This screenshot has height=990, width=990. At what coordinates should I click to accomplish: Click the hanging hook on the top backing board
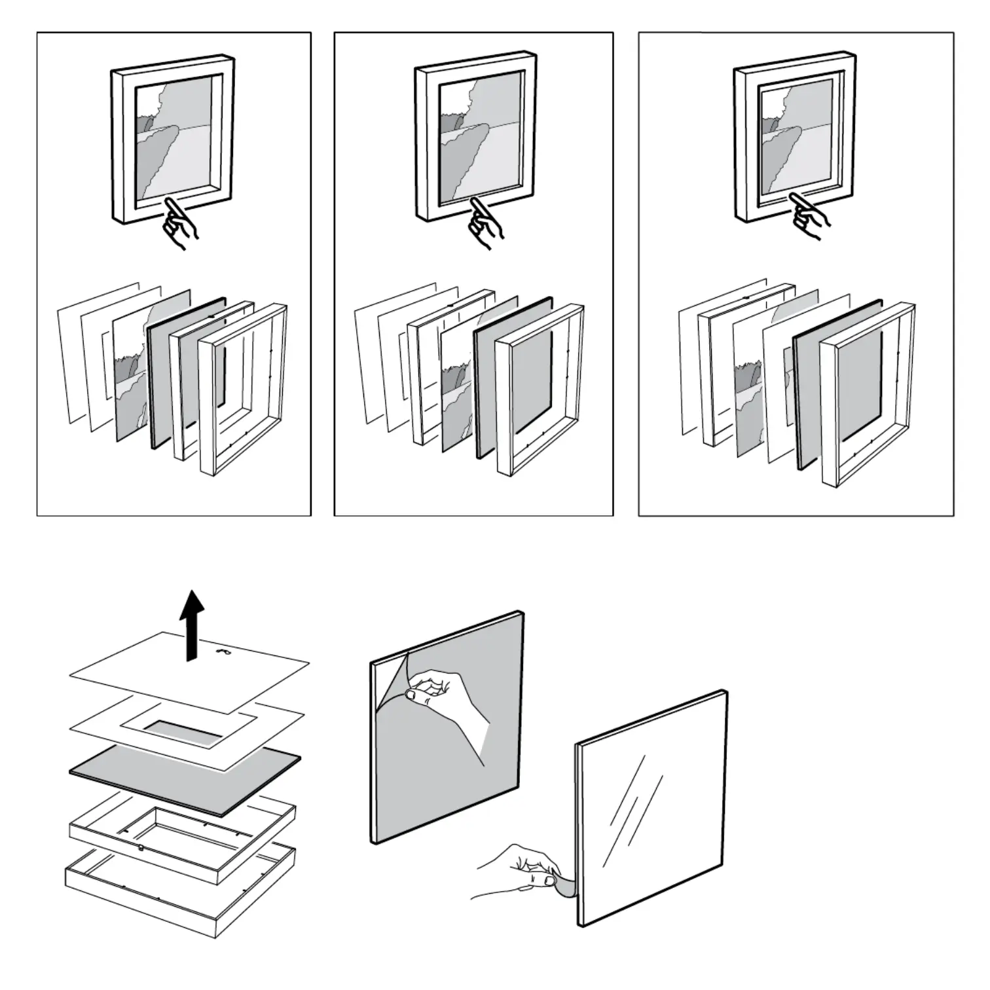[x=224, y=651]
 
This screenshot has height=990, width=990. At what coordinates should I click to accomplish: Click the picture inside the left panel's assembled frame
[x=174, y=141]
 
